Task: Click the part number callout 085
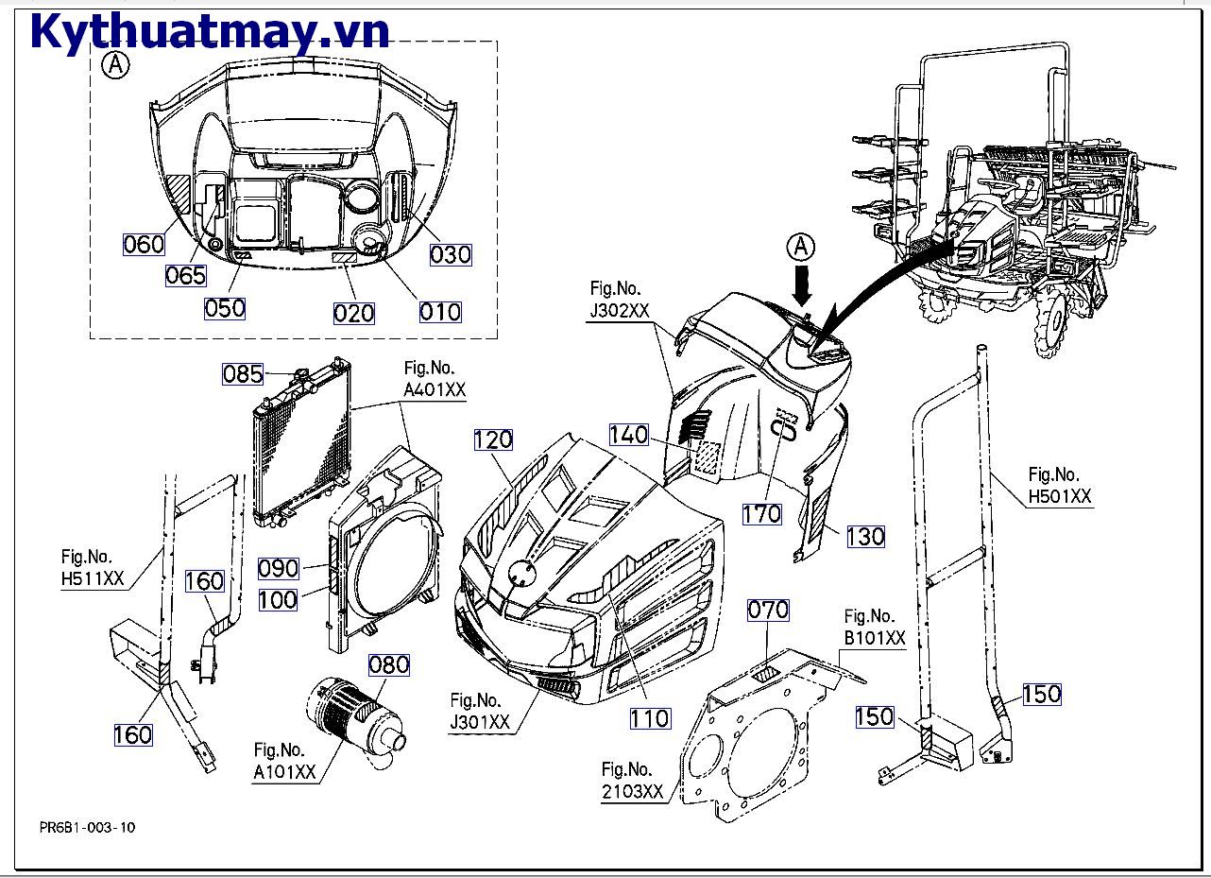pos(243,374)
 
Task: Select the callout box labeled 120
pos(493,439)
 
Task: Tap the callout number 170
pos(761,513)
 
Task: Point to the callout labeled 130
pos(864,536)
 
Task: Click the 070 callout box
pos(767,611)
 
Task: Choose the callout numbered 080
pos(389,664)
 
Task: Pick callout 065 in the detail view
pos(185,275)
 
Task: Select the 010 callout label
pos(439,311)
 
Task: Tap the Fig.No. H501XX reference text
pos(1059,485)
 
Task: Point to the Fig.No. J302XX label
pos(618,301)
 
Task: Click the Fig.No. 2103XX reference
pos(632,781)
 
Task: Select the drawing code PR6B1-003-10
pos(88,827)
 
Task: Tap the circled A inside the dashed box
pos(115,65)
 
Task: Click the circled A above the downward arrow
pos(800,247)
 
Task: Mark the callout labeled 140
pos(629,435)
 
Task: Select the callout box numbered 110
pos(650,718)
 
